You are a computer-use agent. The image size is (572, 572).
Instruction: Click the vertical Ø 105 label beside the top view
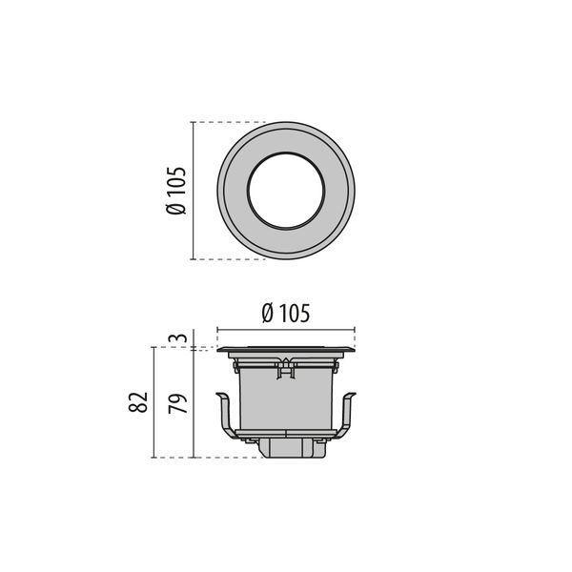pos(176,191)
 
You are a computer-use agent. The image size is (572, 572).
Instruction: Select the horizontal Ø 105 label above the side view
pos(286,314)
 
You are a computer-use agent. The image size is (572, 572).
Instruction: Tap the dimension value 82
pos(138,402)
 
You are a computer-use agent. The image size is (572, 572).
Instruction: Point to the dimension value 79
pos(178,403)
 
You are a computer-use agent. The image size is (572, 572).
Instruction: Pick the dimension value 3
pos(178,337)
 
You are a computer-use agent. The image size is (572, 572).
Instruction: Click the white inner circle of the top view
pos(286,191)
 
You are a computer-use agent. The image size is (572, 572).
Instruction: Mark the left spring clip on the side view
pos(228,416)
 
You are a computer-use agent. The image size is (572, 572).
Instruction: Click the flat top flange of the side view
pos(286,350)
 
